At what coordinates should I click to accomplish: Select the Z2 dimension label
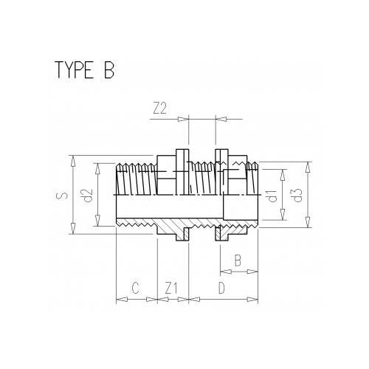point(159,108)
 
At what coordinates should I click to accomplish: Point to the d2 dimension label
point(86,196)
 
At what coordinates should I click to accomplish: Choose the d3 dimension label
point(296,196)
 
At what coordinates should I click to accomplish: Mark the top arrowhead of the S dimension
point(72,159)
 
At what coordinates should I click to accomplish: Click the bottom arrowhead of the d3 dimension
point(306,230)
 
